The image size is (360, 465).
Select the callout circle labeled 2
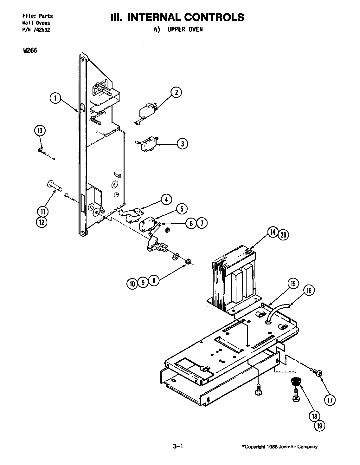coord(176,93)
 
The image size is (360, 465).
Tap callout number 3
coord(182,144)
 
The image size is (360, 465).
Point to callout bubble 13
coord(40,131)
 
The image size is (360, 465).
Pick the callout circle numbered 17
coord(330,400)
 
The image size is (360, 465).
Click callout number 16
coord(309,290)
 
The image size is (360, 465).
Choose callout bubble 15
coord(293,284)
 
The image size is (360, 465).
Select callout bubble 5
coord(182,209)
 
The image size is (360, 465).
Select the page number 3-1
coord(178,447)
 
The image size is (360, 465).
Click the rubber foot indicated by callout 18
coord(296,382)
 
